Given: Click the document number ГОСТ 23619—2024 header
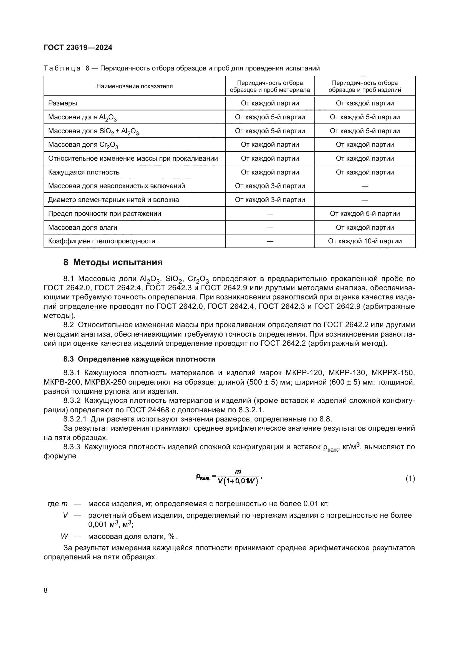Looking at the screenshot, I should [x=78, y=47].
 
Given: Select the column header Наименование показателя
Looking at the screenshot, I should [x=134, y=86].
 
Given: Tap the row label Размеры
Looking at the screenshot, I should [x=62, y=103].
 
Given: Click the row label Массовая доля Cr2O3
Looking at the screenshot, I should [x=83, y=145].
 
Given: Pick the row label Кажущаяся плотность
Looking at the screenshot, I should [x=84, y=172].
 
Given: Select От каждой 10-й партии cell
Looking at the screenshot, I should [x=365, y=241].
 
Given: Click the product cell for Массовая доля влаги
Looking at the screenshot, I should [x=365, y=227].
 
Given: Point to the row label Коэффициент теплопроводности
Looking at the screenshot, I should [x=102, y=241].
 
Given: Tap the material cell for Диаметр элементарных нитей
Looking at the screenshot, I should [x=270, y=200].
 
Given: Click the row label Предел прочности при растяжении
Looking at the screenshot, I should [x=104, y=213].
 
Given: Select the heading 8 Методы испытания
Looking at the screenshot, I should [x=113, y=262].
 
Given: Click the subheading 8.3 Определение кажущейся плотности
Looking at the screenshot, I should [x=139, y=359].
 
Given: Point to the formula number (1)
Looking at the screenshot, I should [x=410, y=479].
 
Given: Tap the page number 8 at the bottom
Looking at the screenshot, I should [x=46, y=590].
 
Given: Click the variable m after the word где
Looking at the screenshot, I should [x=64, y=504].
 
